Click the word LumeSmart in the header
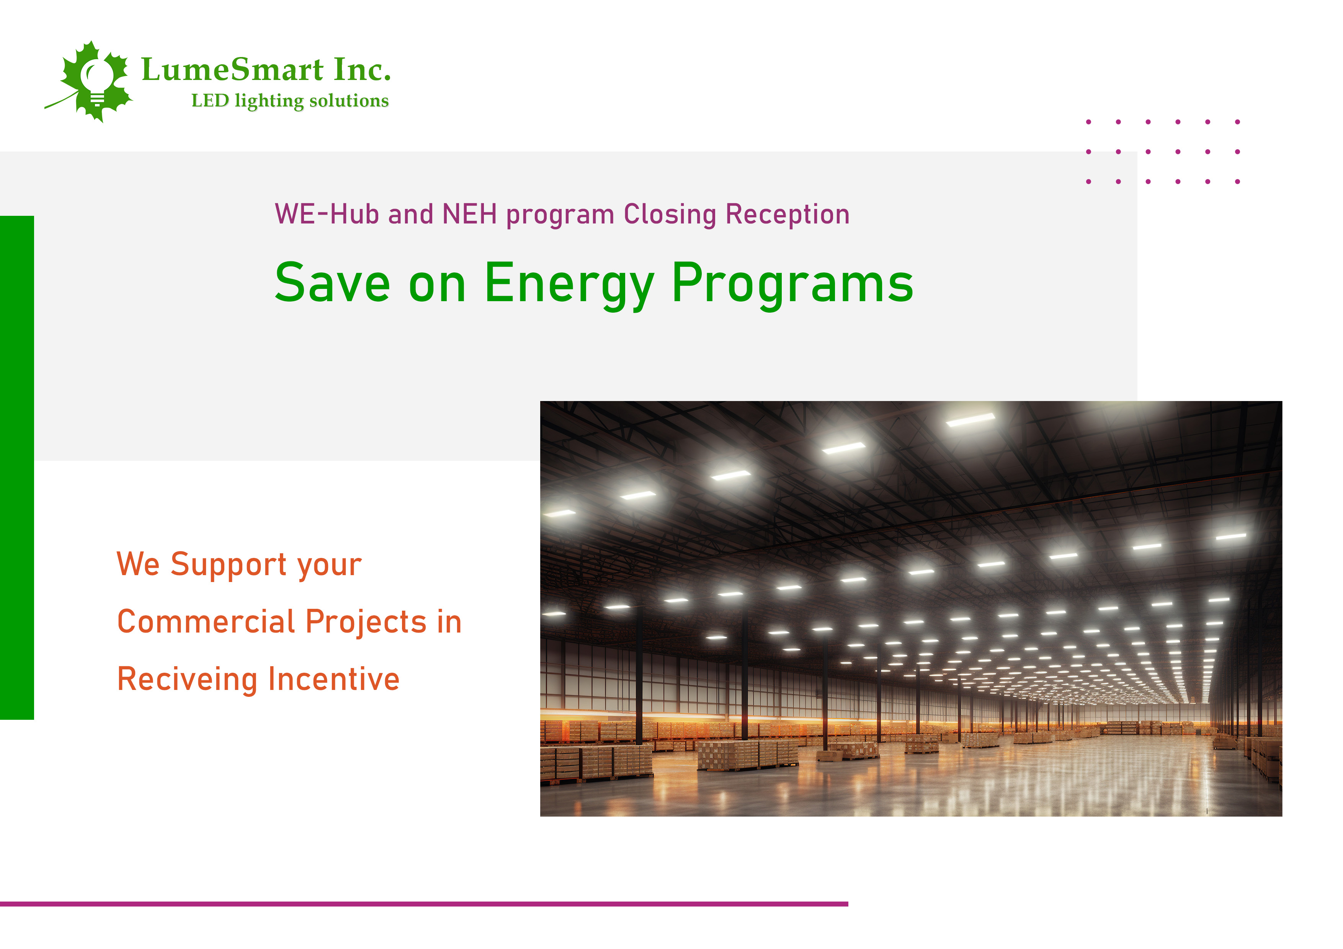[233, 70]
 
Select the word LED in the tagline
[210, 101]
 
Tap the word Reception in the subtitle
[788, 215]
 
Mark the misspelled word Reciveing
[187, 680]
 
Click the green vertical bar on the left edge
[17, 468]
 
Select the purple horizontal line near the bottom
[424, 904]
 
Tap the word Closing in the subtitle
[670, 215]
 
